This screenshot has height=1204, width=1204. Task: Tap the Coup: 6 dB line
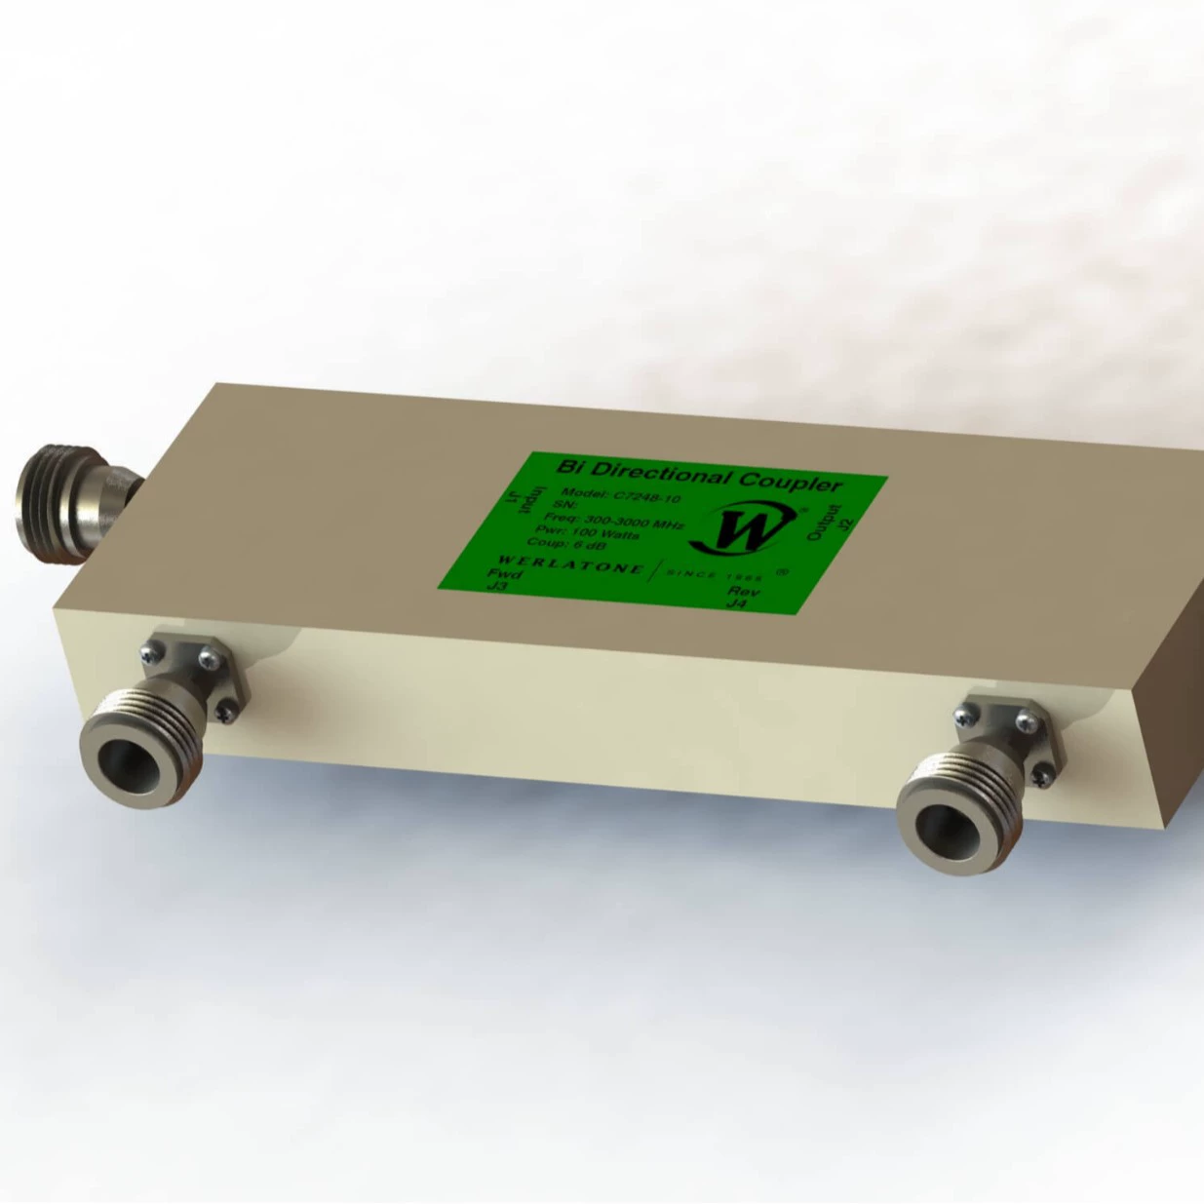(x=565, y=545)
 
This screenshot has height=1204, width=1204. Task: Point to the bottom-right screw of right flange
(x=1044, y=775)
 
